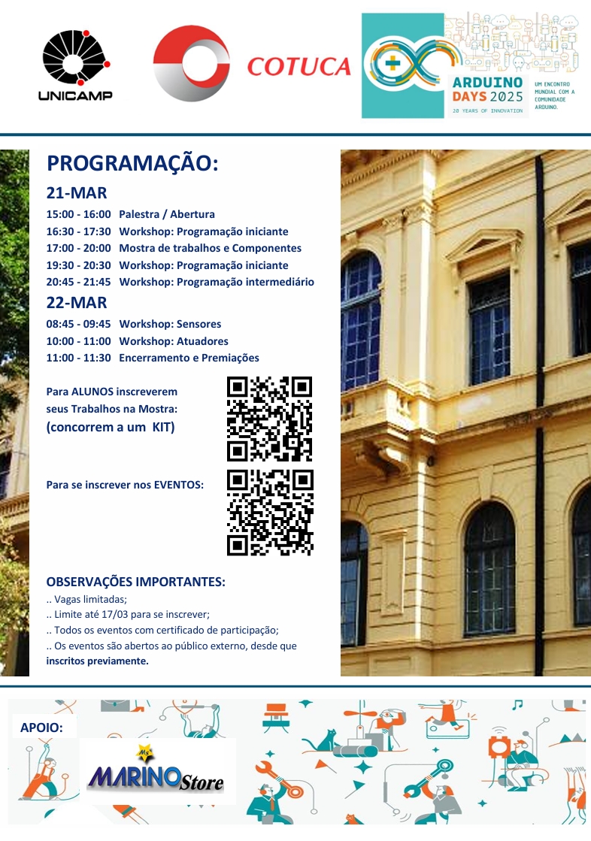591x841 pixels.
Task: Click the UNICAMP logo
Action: pos(75,65)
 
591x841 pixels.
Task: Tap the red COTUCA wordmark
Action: pos(299,67)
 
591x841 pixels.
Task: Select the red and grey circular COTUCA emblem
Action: pos(192,63)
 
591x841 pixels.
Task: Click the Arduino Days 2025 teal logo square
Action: pos(402,65)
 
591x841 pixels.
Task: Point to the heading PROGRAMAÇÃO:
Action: pos(132,164)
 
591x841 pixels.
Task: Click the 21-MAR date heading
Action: pos(77,192)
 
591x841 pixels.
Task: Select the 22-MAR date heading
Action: pos(77,303)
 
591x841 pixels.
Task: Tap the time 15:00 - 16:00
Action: pos(78,214)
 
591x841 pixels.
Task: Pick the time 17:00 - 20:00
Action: pos(78,248)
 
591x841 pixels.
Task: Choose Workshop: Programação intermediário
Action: pos(217,282)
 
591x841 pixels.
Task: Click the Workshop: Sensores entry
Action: pos(170,324)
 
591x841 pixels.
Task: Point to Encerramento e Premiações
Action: pos(189,358)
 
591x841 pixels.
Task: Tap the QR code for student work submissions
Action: pos(269,419)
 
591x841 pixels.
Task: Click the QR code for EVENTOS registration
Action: pos(270,513)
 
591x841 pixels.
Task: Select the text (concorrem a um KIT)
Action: pos(110,427)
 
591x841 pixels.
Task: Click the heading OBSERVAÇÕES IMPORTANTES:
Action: pos(136,582)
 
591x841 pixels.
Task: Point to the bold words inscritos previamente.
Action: pos(98,661)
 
